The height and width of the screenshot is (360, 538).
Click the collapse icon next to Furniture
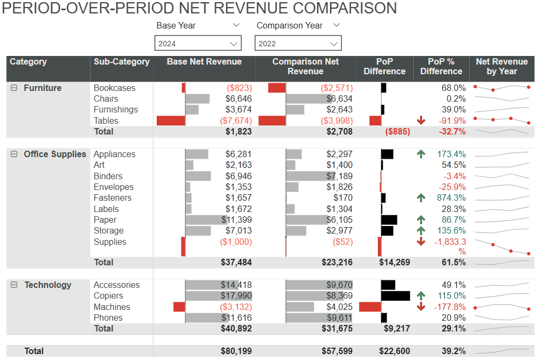pos(15,88)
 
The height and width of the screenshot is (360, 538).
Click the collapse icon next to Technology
pos(15,285)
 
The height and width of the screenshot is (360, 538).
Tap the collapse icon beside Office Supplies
pos(15,154)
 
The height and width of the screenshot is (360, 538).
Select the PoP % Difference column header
pos(441,67)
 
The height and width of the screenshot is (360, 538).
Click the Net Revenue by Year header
pos(501,67)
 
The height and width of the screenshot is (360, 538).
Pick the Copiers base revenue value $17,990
pos(236,296)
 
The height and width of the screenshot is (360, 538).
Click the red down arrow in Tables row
pos(421,121)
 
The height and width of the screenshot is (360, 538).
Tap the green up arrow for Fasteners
pos(421,198)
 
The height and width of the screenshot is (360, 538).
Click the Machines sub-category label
pos(111,307)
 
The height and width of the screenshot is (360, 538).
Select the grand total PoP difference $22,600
pos(394,351)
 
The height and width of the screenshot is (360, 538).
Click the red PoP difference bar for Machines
pos(369,307)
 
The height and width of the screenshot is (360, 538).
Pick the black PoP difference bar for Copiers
pos(395,296)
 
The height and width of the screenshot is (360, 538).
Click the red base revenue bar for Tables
pos(171,121)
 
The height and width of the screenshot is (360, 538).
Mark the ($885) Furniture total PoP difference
pos(397,131)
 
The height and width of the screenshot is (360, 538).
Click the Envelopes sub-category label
pos(113,187)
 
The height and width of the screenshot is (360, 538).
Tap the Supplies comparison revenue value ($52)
pos(343,242)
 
